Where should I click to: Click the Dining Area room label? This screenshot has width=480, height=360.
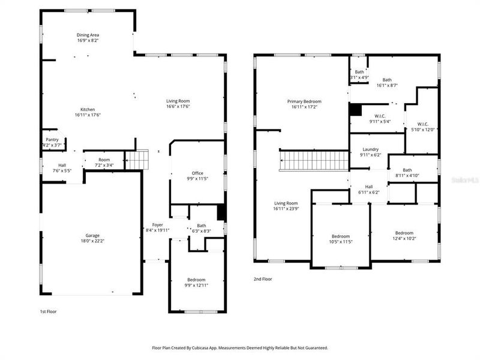click(x=88, y=35)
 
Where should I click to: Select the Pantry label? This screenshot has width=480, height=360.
click(x=52, y=140)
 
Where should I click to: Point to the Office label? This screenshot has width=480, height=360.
click(x=197, y=173)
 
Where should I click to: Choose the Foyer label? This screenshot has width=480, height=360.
click(x=157, y=224)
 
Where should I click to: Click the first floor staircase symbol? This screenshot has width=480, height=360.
click(x=136, y=160)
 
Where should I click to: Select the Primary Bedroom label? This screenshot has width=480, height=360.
click(x=304, y=101)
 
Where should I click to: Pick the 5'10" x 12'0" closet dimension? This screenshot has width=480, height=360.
click(x=422, y=130)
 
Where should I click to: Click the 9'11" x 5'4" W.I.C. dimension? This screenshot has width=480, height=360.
click(x=379, y=122)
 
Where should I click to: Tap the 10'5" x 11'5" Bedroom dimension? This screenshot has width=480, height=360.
click(x=341, y=242)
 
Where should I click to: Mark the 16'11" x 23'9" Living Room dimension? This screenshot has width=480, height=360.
click(x=286, y=209)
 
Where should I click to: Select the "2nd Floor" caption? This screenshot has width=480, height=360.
click(x=263, y=279)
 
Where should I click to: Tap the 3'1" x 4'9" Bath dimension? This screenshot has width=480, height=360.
click(x=359, y=77)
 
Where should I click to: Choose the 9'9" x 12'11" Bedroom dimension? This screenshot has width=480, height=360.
click(x=196, y=286)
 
